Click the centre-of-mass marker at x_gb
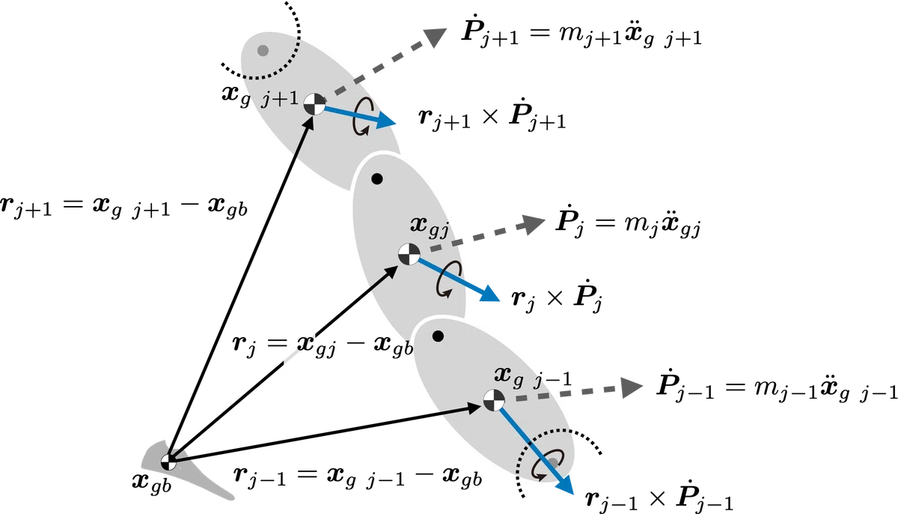168,462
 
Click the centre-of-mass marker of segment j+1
314,104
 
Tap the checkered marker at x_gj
409,254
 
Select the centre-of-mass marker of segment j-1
493,399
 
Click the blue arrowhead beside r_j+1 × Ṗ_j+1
386,121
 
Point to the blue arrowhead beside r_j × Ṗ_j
490,294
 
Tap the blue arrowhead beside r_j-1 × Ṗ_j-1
564,485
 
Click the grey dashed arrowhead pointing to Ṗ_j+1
435,37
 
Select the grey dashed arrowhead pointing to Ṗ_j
534,224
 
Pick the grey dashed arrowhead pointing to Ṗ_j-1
632,387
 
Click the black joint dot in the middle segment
377,179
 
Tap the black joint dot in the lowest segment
439,336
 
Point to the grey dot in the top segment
263,50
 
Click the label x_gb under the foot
151,483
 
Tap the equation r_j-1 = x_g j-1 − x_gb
358,477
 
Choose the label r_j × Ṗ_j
558,296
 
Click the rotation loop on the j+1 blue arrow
363,116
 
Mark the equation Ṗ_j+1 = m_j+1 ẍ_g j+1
581,34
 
